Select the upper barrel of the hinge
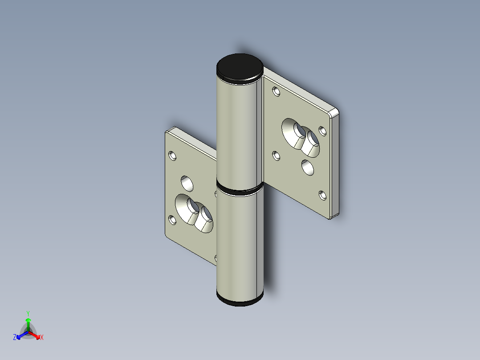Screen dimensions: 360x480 click(237, 134)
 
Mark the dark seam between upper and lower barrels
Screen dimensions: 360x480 click(239, 190)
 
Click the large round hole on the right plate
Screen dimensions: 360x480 click(307, 167)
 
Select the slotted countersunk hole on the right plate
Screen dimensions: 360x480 click(301, 137)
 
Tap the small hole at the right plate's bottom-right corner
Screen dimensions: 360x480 click(322, 195)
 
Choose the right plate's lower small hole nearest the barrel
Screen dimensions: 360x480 click(276, 156)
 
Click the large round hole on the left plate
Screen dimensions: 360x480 click(187, 182)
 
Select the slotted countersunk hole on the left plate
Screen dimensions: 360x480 click(195, 213)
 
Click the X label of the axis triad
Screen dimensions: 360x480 click(41, 338)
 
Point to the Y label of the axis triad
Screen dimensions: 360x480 click(28, 313)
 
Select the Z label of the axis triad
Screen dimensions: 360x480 click(15, 338)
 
